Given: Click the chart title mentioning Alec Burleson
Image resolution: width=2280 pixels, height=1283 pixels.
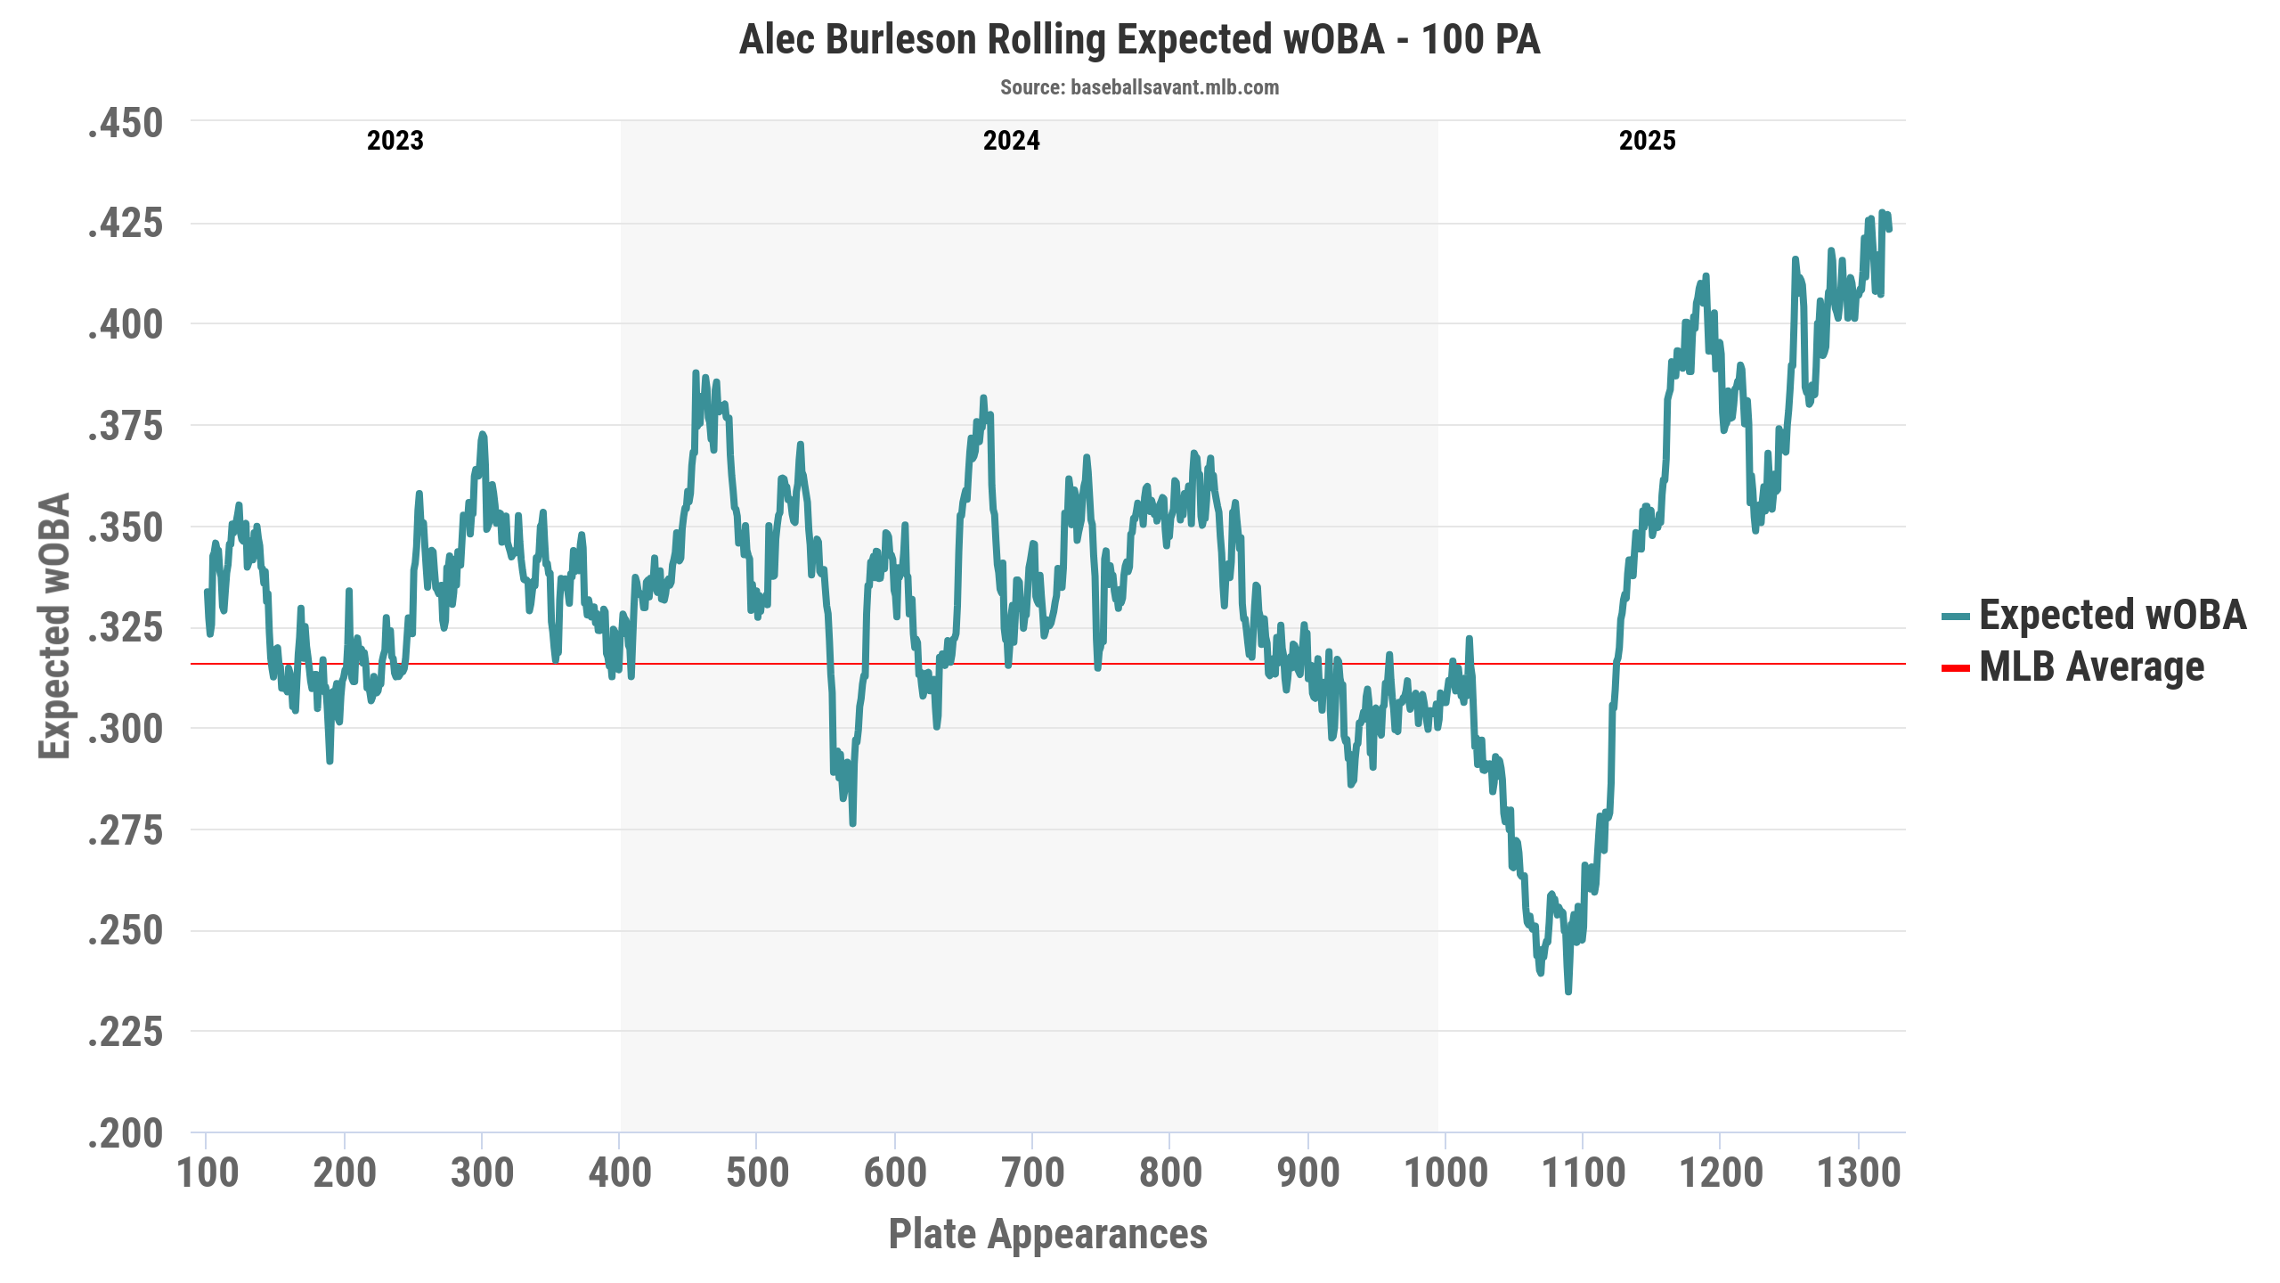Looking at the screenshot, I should pyautogui.click(x=1139, y=40).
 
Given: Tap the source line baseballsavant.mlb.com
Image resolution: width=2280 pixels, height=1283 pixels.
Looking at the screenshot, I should pyautogui.click(x=1139, y=87).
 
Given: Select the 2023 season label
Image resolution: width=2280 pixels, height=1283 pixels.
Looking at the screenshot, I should pyautogui.click(x=395, y=141).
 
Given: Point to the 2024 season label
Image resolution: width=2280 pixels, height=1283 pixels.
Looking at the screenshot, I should pyautogui.click(x=1011, y=141).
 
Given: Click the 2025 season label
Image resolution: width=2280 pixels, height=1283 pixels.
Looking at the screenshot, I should pyautogui.click(x=1647, y=141).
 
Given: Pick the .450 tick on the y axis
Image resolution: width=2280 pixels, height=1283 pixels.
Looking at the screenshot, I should pyautogui.click(x=126, y=123).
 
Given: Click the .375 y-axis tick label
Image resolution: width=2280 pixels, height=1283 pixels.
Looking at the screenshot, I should pyautogui.click(x=126, y=426).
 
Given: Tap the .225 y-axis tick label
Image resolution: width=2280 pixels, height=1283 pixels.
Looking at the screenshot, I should pyautogui.click(x=126, y=1032).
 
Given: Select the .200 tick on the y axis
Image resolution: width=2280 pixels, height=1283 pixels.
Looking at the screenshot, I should pyautogui.click(x=126, y=1133).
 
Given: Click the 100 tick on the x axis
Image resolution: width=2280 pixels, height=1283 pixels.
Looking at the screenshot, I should pyautogui.click(x=208, y=1173).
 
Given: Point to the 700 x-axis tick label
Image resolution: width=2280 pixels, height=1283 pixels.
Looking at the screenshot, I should pyautogui.click(x=1032, y=1173).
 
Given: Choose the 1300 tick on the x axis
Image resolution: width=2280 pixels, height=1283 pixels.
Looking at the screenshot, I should pyautogui.click(x=1859, y=1173).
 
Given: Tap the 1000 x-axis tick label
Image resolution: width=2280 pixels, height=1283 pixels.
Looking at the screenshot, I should pyautogui.click(x=1445, y=1173).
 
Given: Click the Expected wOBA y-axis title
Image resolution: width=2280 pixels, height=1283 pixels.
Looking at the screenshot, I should pyautogui.click(x=54, y=625).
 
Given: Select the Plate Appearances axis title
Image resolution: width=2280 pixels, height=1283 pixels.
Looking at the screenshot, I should pyautogui.click(x=1047, y=1235).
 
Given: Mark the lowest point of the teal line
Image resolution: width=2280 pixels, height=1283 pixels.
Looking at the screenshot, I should pyautogui.click(x=1568, y=991).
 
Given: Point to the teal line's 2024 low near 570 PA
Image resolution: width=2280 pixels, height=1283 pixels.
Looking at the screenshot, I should pyautogui.click(x=852, y=823).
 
